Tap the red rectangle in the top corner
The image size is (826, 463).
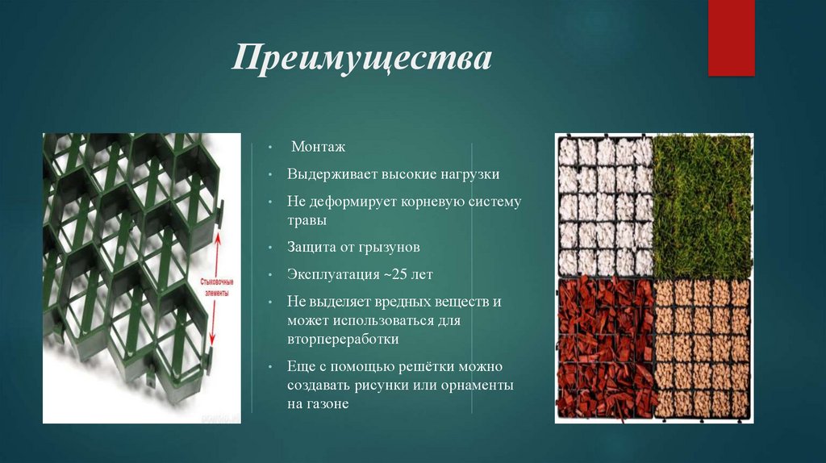click(x=731, y=37)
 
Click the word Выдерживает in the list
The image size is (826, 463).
click(x=328, y=174)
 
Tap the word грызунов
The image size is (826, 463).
click(x=386, y=247)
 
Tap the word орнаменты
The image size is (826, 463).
click(x=476, y=386)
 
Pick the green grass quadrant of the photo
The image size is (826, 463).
click(x=702, y=206)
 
